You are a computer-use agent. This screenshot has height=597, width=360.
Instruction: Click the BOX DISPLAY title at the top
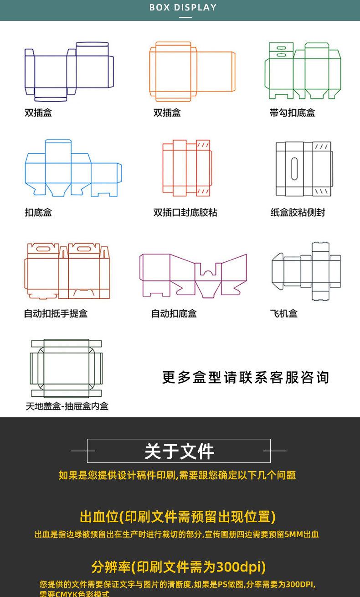(x=183, y=8)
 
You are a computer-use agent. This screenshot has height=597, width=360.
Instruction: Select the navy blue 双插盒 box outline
(x=68, y=71)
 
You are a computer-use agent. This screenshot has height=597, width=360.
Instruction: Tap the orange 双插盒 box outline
(x=192, y=71)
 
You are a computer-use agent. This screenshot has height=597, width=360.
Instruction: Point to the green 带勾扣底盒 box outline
(x=303, y=71)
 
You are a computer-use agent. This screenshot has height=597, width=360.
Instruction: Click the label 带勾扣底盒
(x=292, y=113)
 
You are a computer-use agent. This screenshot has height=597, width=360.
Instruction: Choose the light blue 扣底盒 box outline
(x=73, y=169)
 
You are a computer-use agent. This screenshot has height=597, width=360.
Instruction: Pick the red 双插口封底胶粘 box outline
(x=186, y=168)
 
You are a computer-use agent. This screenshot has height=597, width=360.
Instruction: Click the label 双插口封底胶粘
(x=185, y=213)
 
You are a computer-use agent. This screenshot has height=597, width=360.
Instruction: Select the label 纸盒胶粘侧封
(x=298, y=213)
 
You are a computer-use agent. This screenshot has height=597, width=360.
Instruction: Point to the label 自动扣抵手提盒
(x=56, y=314)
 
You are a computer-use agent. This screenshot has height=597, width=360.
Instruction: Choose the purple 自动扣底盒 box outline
(x=193, y=275)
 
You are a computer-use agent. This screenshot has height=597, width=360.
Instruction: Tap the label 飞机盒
(x=283, y=314)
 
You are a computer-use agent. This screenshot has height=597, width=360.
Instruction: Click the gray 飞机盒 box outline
(x=306, y=271)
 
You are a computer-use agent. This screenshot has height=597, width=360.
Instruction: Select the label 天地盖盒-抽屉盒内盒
(x=67, y=406)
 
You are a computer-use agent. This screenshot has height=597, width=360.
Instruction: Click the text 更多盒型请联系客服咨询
(x=245, y=378)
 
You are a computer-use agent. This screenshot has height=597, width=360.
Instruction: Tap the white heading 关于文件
(x=179, y=452)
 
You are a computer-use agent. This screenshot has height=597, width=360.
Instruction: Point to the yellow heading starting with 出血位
(x=178, y=517)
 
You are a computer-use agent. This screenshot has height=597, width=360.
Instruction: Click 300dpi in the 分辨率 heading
(x=241, y=567)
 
